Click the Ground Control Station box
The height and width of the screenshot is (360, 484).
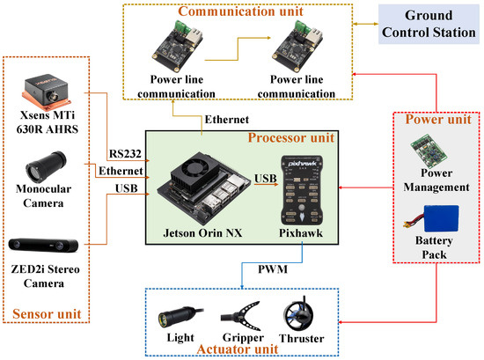429,24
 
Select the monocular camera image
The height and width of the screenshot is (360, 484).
47,166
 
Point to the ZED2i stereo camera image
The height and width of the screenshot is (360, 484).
43,246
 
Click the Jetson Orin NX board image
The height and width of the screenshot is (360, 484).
204,189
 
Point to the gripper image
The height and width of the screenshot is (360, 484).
241,316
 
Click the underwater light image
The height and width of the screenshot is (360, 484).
180,318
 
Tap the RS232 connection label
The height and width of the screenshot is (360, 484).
125,154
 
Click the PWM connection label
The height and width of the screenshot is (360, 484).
273,269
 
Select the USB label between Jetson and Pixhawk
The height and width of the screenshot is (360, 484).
266,179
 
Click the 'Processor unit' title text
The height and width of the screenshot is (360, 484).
291,137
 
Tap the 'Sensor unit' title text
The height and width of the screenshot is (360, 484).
47,314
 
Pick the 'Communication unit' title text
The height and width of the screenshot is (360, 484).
240,11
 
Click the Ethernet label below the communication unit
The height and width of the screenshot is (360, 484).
226,120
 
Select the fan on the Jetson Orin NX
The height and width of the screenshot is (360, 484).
194,167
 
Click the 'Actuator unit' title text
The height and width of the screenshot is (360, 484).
238,349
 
